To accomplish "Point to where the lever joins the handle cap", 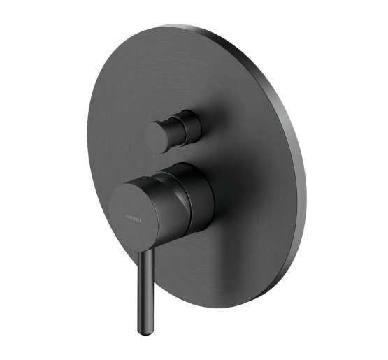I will (x=148, y=243).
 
